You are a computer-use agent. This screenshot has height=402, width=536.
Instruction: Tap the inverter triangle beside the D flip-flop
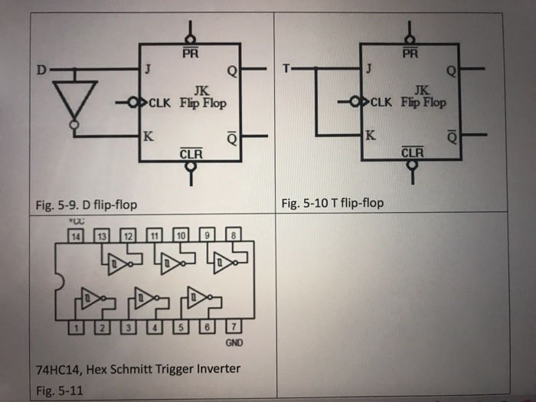point(74,96)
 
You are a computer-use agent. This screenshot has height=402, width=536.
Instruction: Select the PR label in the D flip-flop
point(190,54)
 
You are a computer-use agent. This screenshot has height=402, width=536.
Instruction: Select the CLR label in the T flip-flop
point(411,152)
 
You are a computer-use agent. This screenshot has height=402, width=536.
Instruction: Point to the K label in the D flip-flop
point(148,138)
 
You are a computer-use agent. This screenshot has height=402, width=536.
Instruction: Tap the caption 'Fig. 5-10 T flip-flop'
point(332,203)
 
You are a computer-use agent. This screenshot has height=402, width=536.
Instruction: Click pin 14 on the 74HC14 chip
point(76,236)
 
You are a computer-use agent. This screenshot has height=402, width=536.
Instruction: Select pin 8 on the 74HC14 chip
point(235,236)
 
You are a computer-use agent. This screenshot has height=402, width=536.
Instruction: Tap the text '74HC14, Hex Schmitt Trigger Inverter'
point(139,370)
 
